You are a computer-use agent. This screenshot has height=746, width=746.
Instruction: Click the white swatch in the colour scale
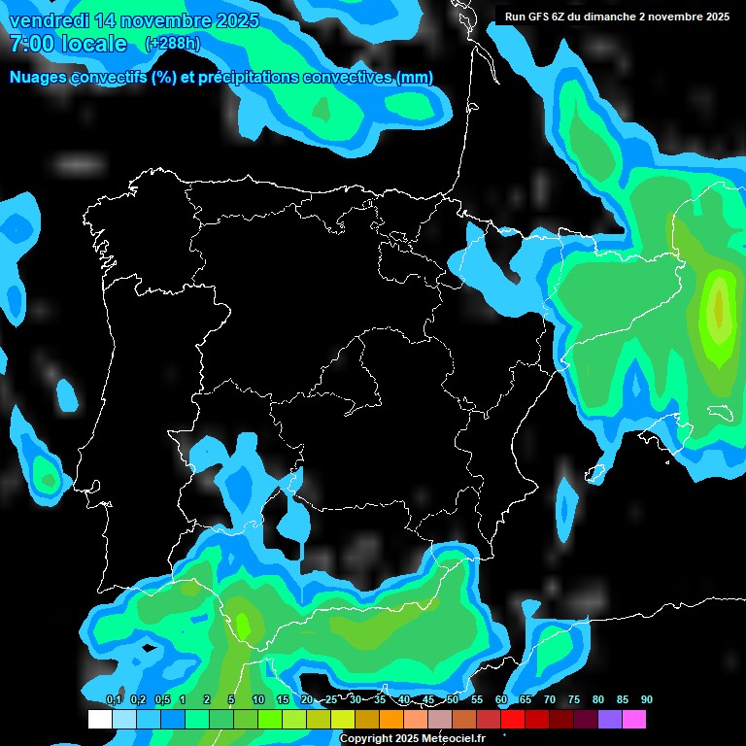[x=99, y=719]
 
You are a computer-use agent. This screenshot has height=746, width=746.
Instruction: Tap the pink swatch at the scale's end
[x=634, y=719]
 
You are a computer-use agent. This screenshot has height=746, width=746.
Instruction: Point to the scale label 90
[x=647, y=699]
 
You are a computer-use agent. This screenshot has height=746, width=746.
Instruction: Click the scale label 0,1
[x=114, y=699]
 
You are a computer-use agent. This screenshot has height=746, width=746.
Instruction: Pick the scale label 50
[x=453, y=699]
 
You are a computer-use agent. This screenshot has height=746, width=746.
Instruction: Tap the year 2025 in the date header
[x=230, y=20]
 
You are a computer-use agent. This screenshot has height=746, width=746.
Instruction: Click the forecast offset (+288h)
[x=172, y=44]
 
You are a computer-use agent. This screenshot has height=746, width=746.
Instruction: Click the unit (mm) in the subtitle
[x=415, y=78]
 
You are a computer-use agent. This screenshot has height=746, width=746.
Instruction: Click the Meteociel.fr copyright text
[x=412, y=738]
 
